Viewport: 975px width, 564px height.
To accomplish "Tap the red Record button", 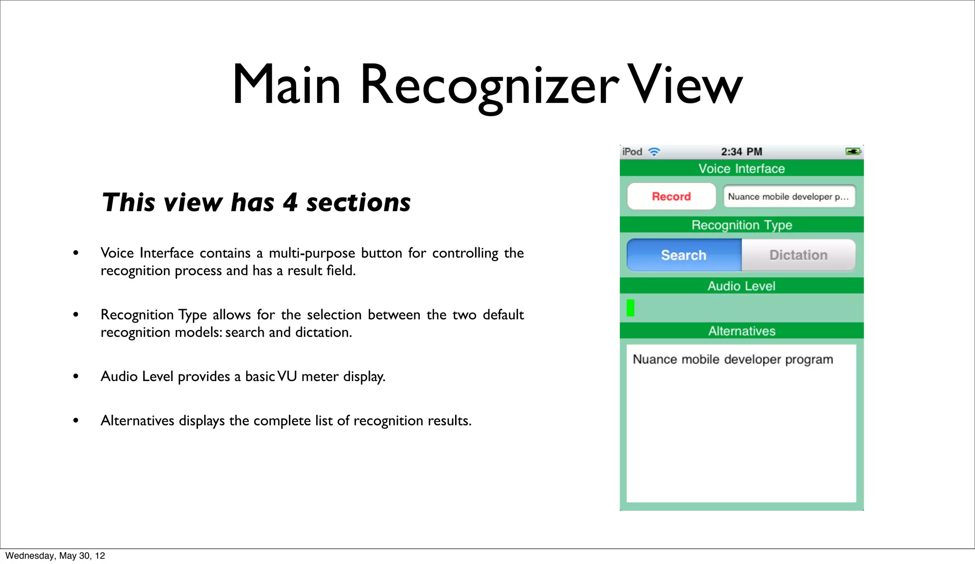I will click(x=671, y=196).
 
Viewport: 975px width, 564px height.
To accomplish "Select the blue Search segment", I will click(x=684, y=255).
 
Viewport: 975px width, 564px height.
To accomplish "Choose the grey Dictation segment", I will click(x=798, y=255).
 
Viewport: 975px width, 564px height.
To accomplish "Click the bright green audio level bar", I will click(x=630, y=308).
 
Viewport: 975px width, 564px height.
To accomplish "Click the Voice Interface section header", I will click(x=741, y=169).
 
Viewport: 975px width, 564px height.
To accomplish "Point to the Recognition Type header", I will click(x=741, y=225).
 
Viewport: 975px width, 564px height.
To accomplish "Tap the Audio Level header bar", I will click(x=741, y=286).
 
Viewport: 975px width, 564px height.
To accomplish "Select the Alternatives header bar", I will click(x=741, y=331).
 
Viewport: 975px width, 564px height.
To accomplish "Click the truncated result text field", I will click(x=789, y=196).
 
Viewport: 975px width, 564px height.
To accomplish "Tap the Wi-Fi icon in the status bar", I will click(x=655, y=152).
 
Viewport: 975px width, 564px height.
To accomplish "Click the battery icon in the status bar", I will click(x=853, y=151).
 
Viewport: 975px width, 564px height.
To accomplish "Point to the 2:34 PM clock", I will click(x=741, y=152).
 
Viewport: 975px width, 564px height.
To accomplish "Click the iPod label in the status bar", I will click(x=632, y=152).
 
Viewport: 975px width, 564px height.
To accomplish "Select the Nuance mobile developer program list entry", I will click(x=732, y=360).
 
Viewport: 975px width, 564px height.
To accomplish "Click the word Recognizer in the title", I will click(x=489, y=86).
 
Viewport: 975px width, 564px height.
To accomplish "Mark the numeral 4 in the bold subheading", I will click(x=290, y=202).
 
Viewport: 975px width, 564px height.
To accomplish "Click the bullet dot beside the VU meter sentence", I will click(x=76, y=376).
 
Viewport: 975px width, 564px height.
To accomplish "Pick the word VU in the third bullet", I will click(x=287, y=376).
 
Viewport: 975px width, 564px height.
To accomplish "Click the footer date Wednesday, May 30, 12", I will click(x=55, y=556).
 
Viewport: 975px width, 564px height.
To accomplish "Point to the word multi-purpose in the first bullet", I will click(x=312, y=253).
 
